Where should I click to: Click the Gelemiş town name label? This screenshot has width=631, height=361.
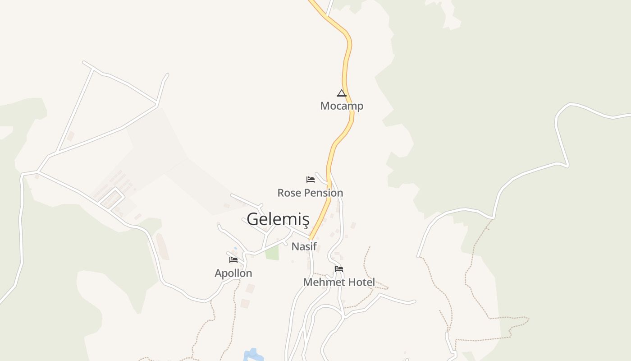tap(278, 219)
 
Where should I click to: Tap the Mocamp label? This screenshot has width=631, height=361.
tap(342, 106)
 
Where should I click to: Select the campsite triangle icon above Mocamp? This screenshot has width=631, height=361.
tap(342, 93)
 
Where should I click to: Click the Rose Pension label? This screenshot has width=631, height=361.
tap(310, 193)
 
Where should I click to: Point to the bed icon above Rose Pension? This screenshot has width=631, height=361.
tap(311, 180)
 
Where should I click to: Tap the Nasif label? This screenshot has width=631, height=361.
tap(304, 246)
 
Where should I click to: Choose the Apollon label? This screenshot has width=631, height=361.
tap(233, 273)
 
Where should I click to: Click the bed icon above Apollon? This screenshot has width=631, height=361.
tap(233, 260)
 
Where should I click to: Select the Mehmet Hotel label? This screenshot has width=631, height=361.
tap(339, 282)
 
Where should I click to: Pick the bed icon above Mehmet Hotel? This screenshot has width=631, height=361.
tap(339, 269)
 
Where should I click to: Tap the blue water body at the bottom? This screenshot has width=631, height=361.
tap(252, 355)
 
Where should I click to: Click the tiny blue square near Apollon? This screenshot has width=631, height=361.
tap(235, 248)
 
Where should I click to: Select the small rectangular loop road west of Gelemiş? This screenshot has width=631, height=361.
tap(111, 199)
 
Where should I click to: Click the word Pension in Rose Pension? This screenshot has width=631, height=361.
tap(322, 193)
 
